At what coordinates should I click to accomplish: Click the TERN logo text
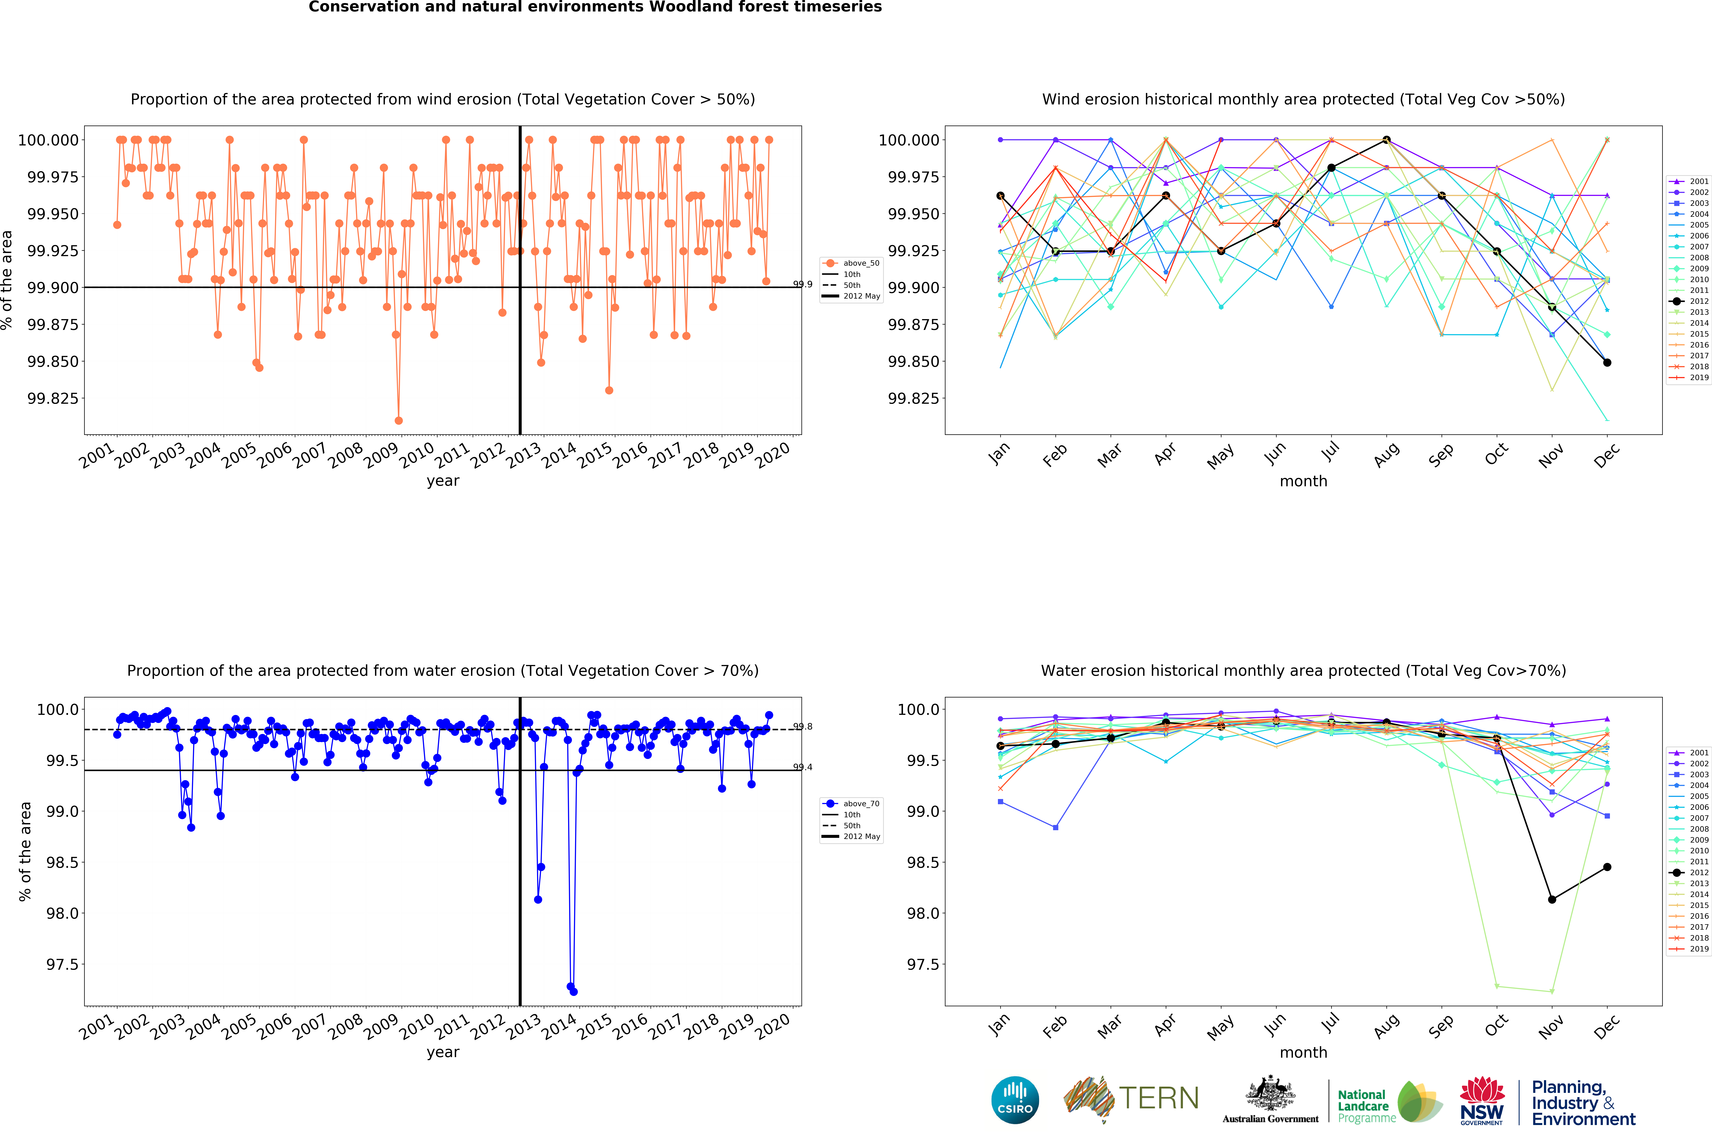(1158, 1098)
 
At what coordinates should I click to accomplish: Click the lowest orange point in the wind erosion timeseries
(398, 420)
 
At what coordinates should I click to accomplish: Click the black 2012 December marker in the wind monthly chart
(1607, 363)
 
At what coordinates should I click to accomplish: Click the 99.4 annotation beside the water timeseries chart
(802, 767)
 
